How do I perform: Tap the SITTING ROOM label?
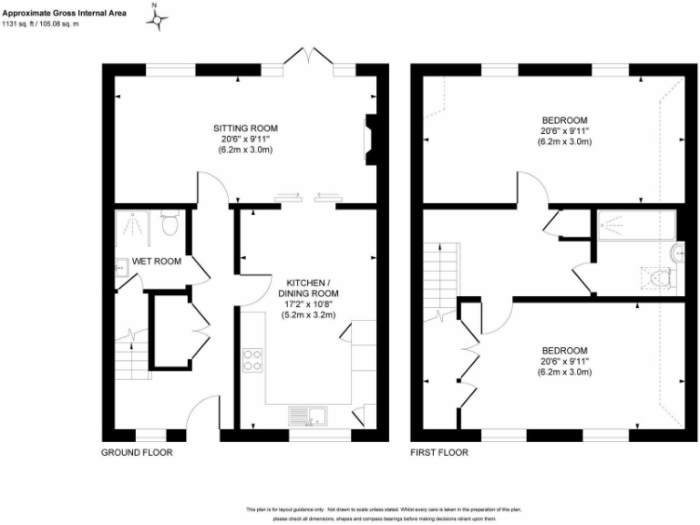click(245, 128)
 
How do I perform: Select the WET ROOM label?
click(157, 262)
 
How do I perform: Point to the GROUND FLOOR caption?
click(137, 452)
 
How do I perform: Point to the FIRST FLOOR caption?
click(440, 452)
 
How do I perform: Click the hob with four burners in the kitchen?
click(252, 360)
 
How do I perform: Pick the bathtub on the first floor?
click(635, 224)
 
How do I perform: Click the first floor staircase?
click(443, 273)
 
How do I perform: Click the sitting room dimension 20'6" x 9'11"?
click(245, 139)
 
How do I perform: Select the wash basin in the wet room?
click(121, 266)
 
